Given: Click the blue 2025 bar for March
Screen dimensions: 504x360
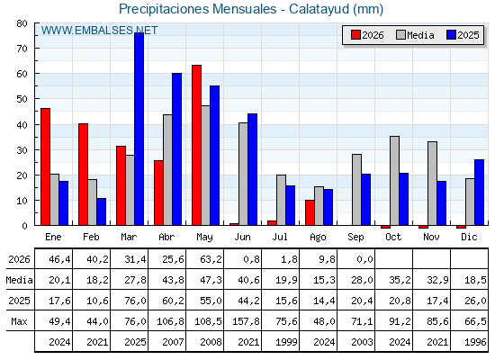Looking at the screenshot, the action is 139,129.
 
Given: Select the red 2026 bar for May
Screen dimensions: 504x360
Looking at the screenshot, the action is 197,145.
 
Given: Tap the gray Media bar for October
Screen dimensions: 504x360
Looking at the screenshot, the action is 394,181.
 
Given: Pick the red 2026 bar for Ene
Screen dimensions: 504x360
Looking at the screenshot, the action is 46,166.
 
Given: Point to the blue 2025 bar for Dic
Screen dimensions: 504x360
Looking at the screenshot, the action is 479,193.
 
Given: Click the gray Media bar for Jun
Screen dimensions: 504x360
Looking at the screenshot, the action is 243,174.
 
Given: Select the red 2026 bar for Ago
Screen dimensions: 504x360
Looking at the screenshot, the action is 310,212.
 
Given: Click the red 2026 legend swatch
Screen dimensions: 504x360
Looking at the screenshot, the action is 355,35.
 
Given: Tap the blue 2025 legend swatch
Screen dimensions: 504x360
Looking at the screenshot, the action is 451,35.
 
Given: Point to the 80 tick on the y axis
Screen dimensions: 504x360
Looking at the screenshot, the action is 37,23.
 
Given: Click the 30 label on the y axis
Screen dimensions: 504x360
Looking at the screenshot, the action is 22,150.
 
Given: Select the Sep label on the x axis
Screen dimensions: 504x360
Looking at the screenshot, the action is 355,238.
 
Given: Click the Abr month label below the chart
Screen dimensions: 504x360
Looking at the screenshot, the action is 166,237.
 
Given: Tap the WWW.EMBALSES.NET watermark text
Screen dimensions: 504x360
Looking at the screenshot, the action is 99,31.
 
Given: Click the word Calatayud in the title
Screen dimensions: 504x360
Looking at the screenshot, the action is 319,9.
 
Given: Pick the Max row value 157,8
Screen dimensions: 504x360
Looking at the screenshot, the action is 246,321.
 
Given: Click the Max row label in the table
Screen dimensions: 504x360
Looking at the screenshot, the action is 19,321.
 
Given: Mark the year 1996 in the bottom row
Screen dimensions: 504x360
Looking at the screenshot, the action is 475,342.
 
